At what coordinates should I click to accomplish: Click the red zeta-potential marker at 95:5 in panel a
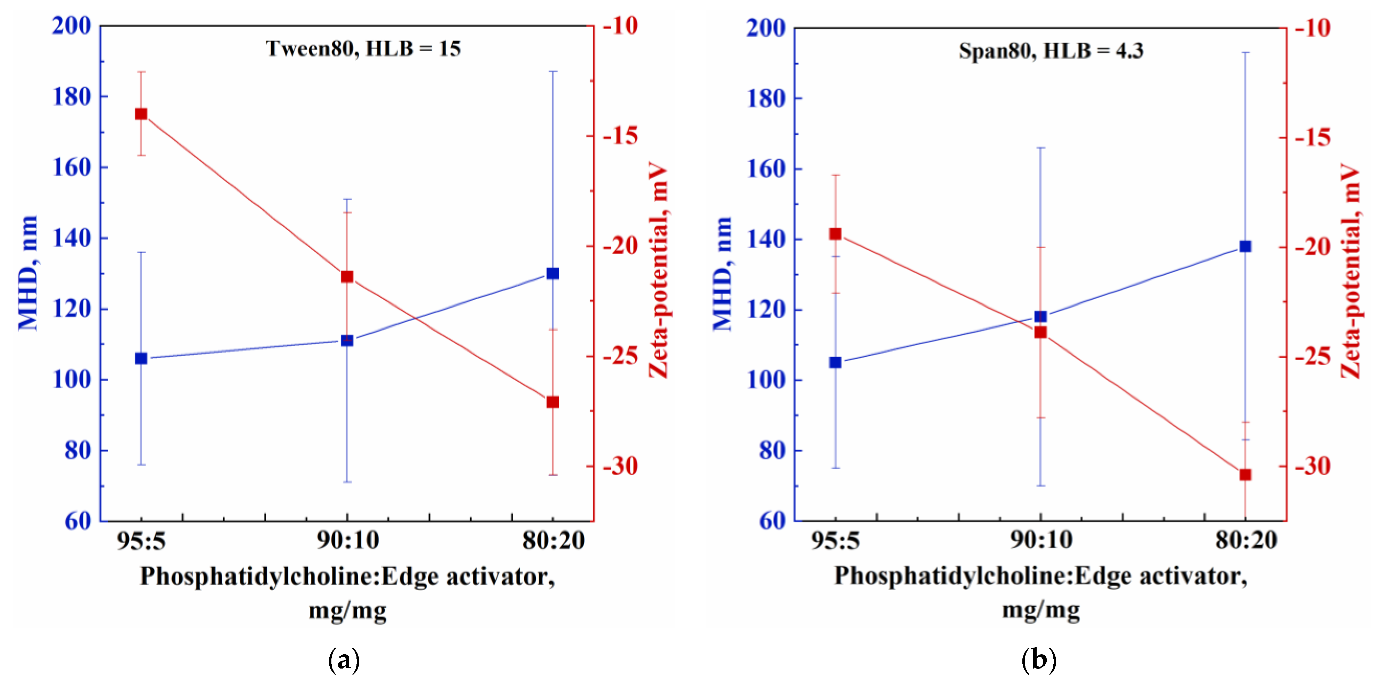(x=141, y=114)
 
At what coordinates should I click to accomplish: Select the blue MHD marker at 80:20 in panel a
(x=552, y=273)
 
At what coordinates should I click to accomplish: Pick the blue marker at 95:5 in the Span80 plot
(x=835, y=363)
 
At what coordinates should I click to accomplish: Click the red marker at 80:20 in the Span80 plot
(x=1246, y=475)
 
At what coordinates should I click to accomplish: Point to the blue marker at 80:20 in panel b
(x=1246, y=247)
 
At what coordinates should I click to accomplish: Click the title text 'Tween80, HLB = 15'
(x=363, y=49)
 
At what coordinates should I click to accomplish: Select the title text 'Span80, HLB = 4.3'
(x=1051, y=51)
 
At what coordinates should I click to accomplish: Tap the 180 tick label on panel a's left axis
(x=72, y=97)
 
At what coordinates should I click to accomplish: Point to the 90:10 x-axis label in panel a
(x=348, y=540)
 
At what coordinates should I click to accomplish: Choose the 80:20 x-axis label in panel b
(x=1247, y=540)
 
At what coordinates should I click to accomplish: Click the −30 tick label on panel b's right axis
(x=1313, y=466)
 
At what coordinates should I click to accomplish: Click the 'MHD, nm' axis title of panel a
(x=28, y=273)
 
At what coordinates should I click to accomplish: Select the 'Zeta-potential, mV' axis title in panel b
(x=1351, y=271)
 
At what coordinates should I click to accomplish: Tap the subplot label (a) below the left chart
(x=344, y=659)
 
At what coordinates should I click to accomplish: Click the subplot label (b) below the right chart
(x=1039, y=659)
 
